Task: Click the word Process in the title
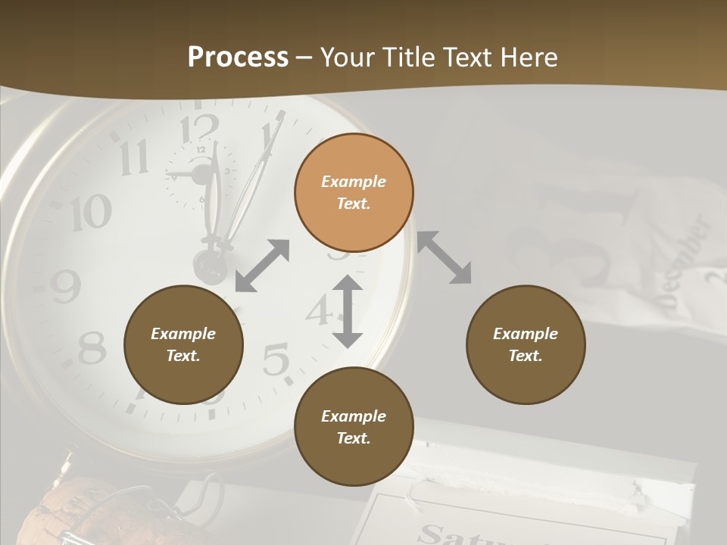click(x=238, y=57)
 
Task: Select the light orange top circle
click(x=354, y=193)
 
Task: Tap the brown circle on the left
click(x=183, y=344)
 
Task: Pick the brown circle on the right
click(x=526, y=344)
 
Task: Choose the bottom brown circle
click(x=354, y=427)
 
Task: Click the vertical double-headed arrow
click(x=348, y=311)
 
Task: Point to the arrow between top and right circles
click(x=445, y=257)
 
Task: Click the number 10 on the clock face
click(x=92, y=213)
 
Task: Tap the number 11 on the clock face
click(x=135, y=157)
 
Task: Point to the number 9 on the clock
click(x=66, y=286)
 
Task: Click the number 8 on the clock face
click(x=92, y=348)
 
